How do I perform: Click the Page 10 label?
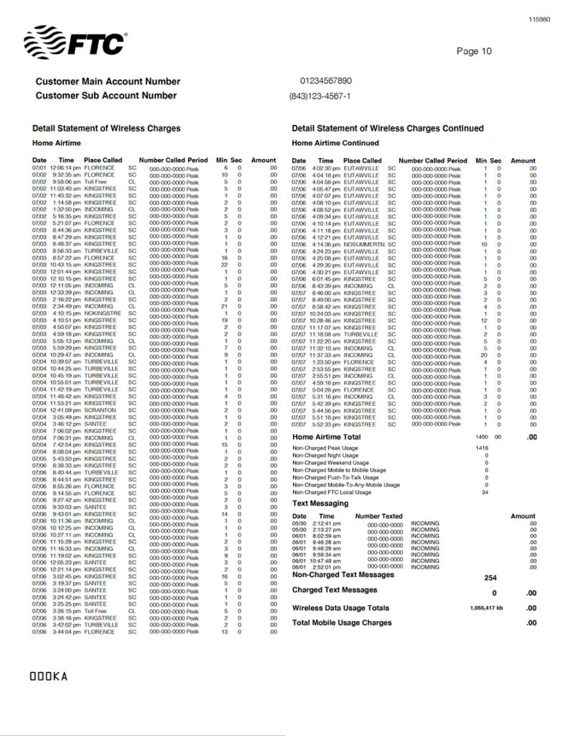point(474,51)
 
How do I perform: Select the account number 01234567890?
point(326,81)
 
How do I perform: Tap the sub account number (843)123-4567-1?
point(320,96)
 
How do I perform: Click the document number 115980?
point(539,19)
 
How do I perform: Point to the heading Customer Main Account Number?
point(108,81)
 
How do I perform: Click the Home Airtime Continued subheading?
point(335,143)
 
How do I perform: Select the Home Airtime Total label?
point(326,437)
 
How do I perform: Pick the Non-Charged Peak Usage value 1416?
point(482,448)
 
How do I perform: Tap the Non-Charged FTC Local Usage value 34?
point(485,492)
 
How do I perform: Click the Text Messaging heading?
point(320,504)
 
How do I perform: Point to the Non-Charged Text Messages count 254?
point(491,578)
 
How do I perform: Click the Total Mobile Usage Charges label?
point(342,622)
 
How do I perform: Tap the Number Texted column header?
point(378,516)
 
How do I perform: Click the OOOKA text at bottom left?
point(48,676)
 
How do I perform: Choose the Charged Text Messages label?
point(334,590)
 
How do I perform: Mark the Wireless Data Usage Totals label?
point(340,608)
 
